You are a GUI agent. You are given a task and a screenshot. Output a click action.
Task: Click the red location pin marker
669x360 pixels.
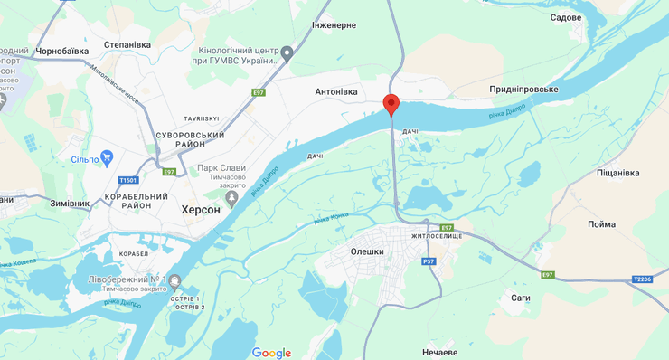391,104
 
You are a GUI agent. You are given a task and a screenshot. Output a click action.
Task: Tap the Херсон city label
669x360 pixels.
201,209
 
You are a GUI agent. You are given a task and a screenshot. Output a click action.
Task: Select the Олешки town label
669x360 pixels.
367,251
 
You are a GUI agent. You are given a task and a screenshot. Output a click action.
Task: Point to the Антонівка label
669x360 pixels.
335,92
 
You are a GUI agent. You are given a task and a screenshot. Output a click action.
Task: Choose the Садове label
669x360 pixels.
566,17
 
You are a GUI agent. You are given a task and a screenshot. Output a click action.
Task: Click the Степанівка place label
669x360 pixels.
127,44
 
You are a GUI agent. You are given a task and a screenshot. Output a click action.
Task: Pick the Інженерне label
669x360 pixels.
334,25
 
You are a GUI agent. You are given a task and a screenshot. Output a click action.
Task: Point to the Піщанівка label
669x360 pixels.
618,173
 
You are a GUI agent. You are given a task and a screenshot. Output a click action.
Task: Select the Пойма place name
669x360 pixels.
601,224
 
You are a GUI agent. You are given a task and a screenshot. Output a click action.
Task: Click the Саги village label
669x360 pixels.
520,297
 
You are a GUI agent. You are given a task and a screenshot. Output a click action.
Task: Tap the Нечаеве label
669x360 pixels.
443,352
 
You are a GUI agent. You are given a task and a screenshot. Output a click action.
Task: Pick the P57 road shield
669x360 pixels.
429,261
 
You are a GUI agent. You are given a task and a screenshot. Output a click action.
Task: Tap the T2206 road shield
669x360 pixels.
642,279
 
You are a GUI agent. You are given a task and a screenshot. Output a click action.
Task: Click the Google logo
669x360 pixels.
271,353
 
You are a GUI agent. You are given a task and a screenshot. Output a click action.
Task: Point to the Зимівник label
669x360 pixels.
70,204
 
